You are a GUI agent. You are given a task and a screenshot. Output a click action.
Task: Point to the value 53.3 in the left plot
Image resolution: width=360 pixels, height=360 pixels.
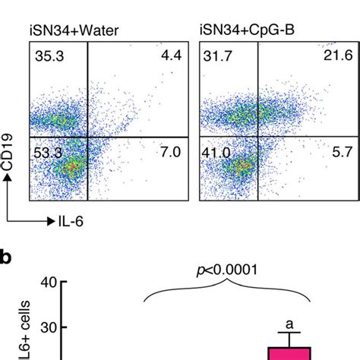click(47, 153)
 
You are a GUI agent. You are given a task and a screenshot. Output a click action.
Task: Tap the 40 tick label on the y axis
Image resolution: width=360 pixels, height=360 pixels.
click(48, 284)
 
